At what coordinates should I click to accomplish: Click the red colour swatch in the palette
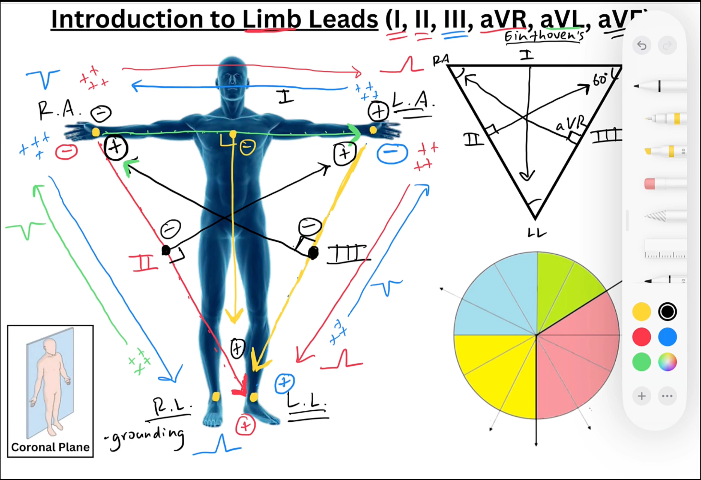pyautogui.click(x=641, y=337)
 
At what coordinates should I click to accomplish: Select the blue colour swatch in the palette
pyautogui.click(x=667, y=337)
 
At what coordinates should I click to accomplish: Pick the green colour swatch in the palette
pyautogui.click(x=641, y=362)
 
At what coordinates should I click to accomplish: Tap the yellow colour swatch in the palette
pyautogui.click(x=641, y=312)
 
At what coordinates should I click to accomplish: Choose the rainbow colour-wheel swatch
pyautogui.click(x=667, y=362)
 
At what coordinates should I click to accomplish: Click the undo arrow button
pyautogui.click(x=641, y=45)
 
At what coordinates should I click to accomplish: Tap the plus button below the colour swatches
pyautogui.click(x=641, y=396)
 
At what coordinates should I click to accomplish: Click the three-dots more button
pyautogui.click(x=667, y=396)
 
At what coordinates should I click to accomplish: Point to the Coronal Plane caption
pyautogui.click(x=50, y=447)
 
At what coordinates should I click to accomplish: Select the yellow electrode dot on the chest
pyautogui.click(x=233, y=134)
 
